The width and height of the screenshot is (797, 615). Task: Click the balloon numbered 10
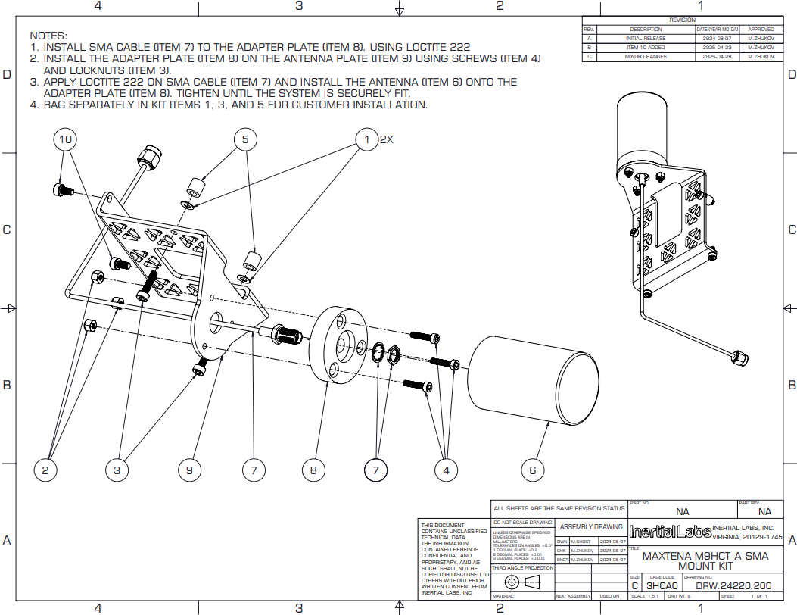tap(66, 139)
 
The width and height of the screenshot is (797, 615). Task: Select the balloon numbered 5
tap(244, 139)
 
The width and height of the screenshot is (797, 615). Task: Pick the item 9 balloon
tap(189, 470)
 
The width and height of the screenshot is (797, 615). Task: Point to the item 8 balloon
tap(313, 470)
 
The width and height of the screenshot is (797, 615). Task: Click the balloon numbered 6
tap(532, 470)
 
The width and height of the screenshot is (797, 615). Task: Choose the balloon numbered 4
tap(447, 470)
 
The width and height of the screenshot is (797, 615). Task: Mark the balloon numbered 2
tap(45, 470)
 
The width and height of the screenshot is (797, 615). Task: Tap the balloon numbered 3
tap(117, 470)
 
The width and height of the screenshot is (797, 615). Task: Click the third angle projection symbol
tap(522, 582)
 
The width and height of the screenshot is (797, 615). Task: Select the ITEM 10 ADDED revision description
tap(646, 47)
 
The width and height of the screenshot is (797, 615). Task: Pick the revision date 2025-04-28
tap(718, 57)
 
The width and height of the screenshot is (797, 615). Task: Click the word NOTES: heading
tap(48, 36)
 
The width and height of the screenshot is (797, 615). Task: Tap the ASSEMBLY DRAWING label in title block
tap(591, 526)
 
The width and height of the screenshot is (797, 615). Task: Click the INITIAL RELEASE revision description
tap(646, 38)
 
